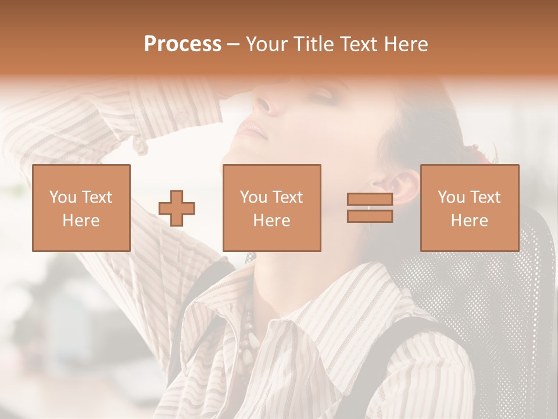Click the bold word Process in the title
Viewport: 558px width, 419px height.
pyautogui.click(x=183, y=44)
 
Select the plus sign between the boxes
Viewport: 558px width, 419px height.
pyautogui.click(x=177, y=208)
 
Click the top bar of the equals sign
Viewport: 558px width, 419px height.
pyautogui.click(x=370, y=200)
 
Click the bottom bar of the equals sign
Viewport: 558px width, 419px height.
pyautogui.click(x=370, y=216)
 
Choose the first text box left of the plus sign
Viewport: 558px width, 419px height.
pyautogui.click(x=81, y=208)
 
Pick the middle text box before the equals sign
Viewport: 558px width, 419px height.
pyautogui.click(x=271, y=208)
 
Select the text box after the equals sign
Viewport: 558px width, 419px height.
pyautogui.click(x=469, y=208)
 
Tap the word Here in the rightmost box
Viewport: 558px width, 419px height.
pyautogui.click(x=469, y=221)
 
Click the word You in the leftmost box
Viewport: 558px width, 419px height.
pyautogui.click(x=63, y=197)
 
